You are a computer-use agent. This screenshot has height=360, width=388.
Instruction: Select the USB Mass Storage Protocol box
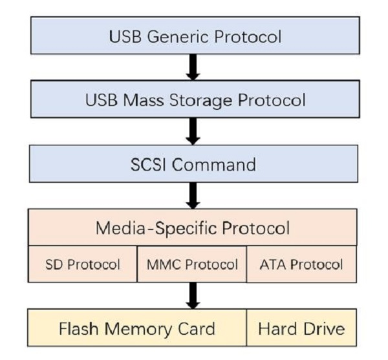tap(194, 100)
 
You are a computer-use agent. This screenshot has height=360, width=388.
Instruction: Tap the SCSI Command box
tap(194, 164)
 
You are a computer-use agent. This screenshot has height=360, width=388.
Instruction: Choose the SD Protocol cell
tap(83, 264)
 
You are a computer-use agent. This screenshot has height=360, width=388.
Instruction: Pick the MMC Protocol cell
tap(192, 264)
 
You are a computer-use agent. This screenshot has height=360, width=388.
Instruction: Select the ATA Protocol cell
tap(301, 264)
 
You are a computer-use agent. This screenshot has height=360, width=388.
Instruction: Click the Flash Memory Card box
tap(137, 328)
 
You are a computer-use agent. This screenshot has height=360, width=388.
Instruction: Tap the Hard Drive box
tap(301, 328)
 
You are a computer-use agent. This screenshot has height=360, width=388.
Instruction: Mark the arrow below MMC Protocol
tap(192, 295)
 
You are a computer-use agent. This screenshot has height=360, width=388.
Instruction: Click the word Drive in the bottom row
tap(321, 328)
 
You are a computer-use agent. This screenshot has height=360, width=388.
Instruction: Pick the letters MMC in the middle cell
tap(160, 264)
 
